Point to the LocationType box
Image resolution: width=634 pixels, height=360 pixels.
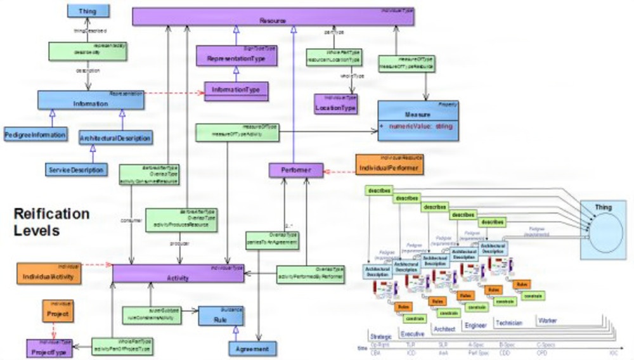coord(336,105)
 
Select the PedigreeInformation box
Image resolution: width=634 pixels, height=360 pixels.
coord(35,135)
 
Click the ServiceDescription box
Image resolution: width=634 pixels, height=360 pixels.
coord(76,169)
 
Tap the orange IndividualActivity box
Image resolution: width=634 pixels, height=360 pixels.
coord(49,274)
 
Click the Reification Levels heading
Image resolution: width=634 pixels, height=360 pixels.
coord(51,222)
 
